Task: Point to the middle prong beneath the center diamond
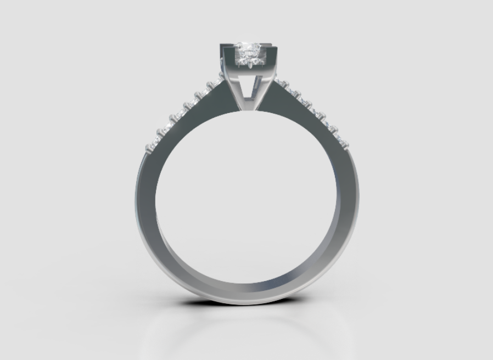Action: click(x=249, y=65)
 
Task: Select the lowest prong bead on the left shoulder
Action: click(x=149, y=147)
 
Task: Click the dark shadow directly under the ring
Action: click(x=247, y=307)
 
